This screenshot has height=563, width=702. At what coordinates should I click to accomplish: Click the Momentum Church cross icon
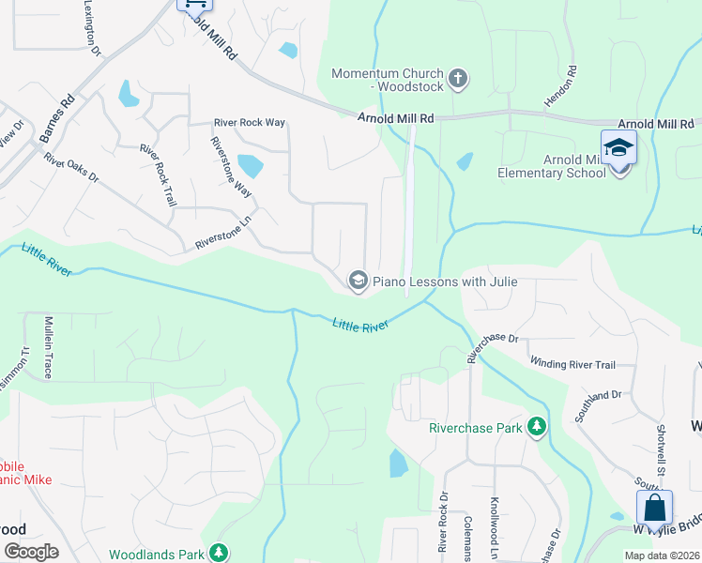click(x=458, y=78)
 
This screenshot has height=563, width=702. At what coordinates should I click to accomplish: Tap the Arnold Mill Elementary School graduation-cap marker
click(x=619, y=148)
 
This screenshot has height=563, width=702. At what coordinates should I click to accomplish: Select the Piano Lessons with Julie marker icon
click(x=357, y=281)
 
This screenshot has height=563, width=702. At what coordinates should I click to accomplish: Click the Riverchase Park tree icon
click(x=537, y=428)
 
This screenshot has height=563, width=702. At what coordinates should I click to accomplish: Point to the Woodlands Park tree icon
click(x=219, y=554)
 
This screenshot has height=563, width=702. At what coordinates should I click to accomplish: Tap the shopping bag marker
click(x=654, y=509)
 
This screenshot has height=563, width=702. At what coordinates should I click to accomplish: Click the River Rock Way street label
click(x=249, y=123)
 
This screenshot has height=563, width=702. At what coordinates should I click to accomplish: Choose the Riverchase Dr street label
click(x=492, y=342)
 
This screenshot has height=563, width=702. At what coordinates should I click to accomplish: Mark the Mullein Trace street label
click(x=47, y=347)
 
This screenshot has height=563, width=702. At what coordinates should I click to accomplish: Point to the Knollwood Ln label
click(x=495, y=530)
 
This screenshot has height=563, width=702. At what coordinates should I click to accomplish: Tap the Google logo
click(x=31, y=552)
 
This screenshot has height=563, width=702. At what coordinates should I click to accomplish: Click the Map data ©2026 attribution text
click(x=662, y=555)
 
